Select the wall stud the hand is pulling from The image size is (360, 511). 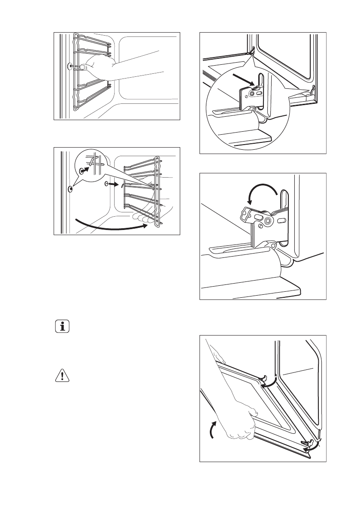(x=70, y=67)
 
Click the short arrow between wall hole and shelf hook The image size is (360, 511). (x=112, y=184)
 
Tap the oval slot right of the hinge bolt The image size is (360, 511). (x=283, y=220)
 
